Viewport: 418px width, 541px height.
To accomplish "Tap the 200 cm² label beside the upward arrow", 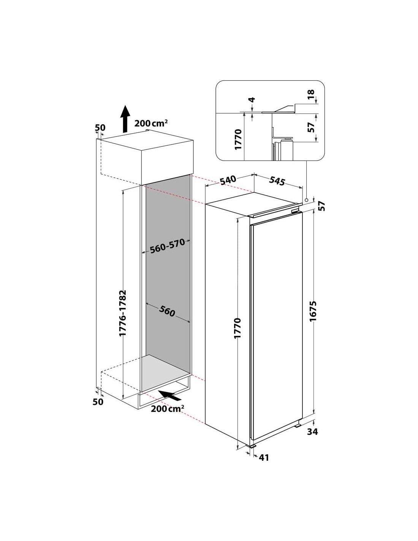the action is click(x=151, y=123).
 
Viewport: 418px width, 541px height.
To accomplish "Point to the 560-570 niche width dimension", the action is click(x=168, y=246).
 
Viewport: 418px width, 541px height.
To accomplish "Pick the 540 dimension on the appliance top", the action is click(x=228, y=180).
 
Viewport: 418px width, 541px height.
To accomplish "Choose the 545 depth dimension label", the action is click(x=277, y=181).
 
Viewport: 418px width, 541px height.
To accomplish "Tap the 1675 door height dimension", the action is click(x=313, y=311).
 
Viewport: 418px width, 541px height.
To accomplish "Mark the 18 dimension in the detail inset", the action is click(x=310, y=94).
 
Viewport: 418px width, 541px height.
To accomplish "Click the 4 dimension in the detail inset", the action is click(x=252, y=100).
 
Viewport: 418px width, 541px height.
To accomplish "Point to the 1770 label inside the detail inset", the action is click(x=238, y=139).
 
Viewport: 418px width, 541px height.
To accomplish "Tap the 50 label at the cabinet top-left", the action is click(x=100, y=127).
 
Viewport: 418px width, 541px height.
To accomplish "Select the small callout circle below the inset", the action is click(x=306, y=200).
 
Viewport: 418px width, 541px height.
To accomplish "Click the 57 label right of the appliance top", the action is click(x=322, y=206).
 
